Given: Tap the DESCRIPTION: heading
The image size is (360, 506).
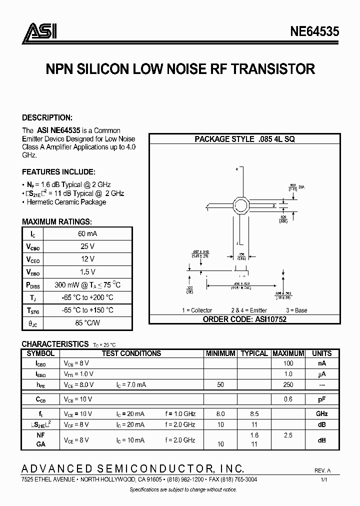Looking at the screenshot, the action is pyautogui.click(x=47, y=117).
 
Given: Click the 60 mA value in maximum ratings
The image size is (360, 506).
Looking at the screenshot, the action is pyautogui.click(x=87, y=233).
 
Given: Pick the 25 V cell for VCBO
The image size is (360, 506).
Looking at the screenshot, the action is pyautogui.click(x=87, y=246).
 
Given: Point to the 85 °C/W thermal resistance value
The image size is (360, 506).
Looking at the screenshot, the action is pyautogui.click(x=87, y=323).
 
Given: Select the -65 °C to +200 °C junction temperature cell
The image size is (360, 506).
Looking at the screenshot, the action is pyautogui.click(x=87, y=297).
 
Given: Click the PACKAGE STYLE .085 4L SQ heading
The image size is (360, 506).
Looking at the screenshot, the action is pyautogui.click(x=244, y=139).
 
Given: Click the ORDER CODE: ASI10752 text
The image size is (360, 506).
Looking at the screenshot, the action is pyautogui.click(x=244, y=319).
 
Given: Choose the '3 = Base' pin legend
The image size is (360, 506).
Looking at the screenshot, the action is pyautogui.click(x=294, y=310).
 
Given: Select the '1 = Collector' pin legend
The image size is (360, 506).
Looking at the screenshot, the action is pyautogui.click(x=196, y=310).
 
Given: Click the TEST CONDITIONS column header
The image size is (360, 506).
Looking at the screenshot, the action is pyautogui.click(x=131, y=353).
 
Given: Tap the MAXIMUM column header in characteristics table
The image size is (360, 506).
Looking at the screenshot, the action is pyautogui.click(x=288, y=353).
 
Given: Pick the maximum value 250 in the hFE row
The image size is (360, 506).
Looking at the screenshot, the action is pyautogui.click(x=288, y=384).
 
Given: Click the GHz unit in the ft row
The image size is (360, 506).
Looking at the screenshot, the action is pyautogui.click(x=321, y=414).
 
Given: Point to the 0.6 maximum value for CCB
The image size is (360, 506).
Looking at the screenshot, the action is pyautogui.click(x=288, y=399).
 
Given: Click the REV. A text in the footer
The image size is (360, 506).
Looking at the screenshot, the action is pyautogui.click(x=322, y=471).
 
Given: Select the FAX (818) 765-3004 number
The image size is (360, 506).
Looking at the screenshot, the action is pyautogui.click(x=233, y=479).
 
